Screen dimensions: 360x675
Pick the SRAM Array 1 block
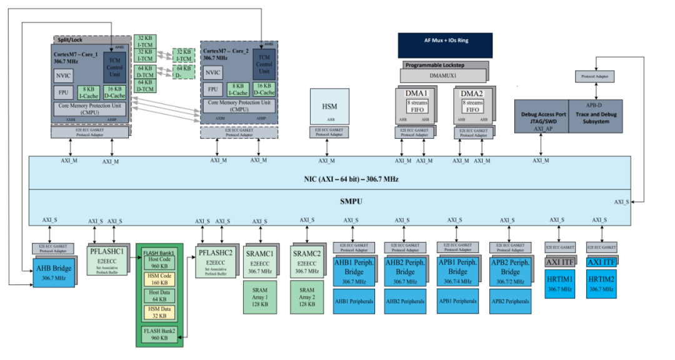[261, 297]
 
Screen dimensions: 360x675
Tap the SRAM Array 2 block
[306, 297]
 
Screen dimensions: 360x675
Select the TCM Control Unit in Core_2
[264, 64]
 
